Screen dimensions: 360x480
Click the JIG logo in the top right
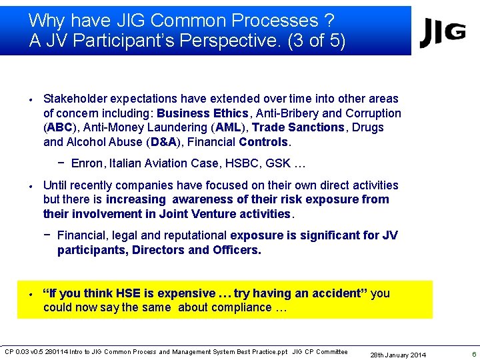[x=442, y=33]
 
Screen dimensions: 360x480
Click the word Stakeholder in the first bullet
[x=77, y=99]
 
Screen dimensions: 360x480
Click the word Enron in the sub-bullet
[x=86, y=163]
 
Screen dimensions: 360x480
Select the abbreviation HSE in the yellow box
[x=129, y=293]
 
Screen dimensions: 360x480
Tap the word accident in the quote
[x=338, y=293]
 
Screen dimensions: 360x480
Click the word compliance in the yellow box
[x=239, y=307]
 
